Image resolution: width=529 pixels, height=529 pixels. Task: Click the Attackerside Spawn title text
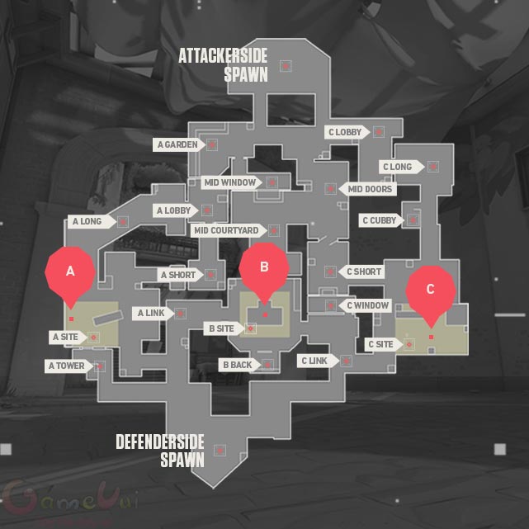(x=223, y=65)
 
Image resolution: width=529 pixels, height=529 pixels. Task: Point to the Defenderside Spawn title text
(x=160, y=451)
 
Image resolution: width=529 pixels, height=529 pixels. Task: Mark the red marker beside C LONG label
(x=433, y=167)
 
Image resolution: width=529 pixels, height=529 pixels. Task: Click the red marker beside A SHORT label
(x=210, y=275)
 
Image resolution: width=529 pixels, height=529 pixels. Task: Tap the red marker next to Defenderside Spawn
(x=220, y=451)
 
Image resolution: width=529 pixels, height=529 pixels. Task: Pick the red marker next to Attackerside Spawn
(x=286, y=66)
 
